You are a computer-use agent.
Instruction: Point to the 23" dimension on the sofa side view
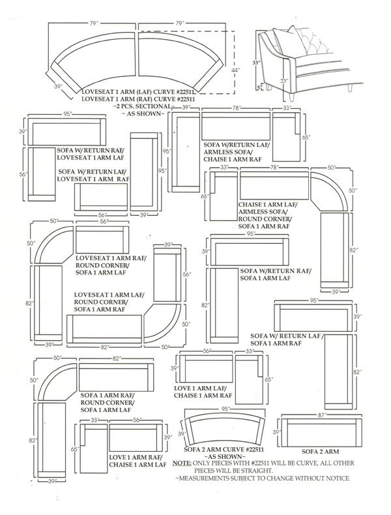pyautogui.click(x=283, y=81)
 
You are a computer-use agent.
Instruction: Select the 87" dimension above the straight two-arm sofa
pyautogui.click(x=319, y=415)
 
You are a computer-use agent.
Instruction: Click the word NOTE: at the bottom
pyautogui.click(x=182, y=462)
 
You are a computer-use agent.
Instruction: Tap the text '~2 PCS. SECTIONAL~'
pyautogui.click(x=143, y=106)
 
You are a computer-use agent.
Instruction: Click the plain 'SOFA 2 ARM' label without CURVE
pyautogui.click(x=321, y=451)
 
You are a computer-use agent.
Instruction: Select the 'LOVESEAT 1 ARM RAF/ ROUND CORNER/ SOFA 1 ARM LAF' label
pyautogui.click(x=111, y=266)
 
